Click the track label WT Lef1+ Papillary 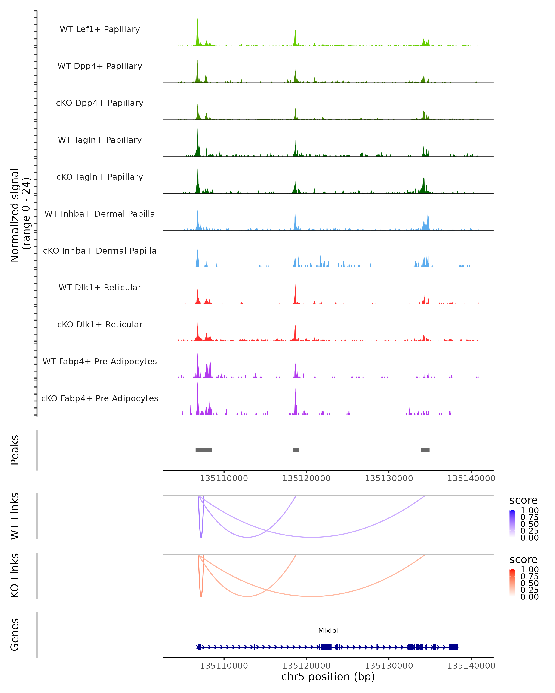coord(100,29)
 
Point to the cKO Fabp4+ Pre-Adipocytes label coord(100,398)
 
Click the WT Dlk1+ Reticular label coord(100,287)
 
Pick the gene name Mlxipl coord(328,631)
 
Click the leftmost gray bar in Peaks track coord(204,450)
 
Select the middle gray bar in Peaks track coord(296,450)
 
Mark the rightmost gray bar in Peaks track coord(425,450)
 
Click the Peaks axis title coord(15,450)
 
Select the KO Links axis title coord(15,575)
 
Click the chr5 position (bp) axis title coord(328,677)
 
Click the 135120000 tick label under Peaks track coord(306,478)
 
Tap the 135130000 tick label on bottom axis coord(389,665)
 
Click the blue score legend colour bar coord(512,524)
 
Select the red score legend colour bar coord(512,583)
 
